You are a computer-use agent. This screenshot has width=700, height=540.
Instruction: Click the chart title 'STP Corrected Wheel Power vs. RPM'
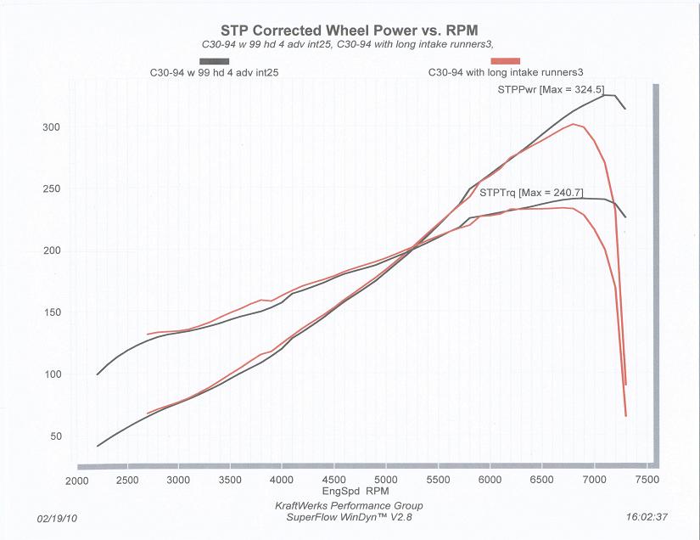[x=350, y=29]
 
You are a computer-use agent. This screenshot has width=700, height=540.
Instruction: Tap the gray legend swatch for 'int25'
[x=215, y=61]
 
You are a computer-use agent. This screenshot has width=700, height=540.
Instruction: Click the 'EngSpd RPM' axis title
[x=354, y=492]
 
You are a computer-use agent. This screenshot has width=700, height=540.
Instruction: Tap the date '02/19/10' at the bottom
[x=56, y=517]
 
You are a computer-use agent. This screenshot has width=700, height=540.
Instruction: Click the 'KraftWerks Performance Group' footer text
[x=349, y=505]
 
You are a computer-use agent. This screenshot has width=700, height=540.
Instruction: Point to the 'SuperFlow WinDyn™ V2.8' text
[x=349, y=517]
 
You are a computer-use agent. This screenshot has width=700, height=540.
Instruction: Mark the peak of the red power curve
[x=574, y=124]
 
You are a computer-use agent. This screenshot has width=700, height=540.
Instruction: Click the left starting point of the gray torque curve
[x=98, y=374]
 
